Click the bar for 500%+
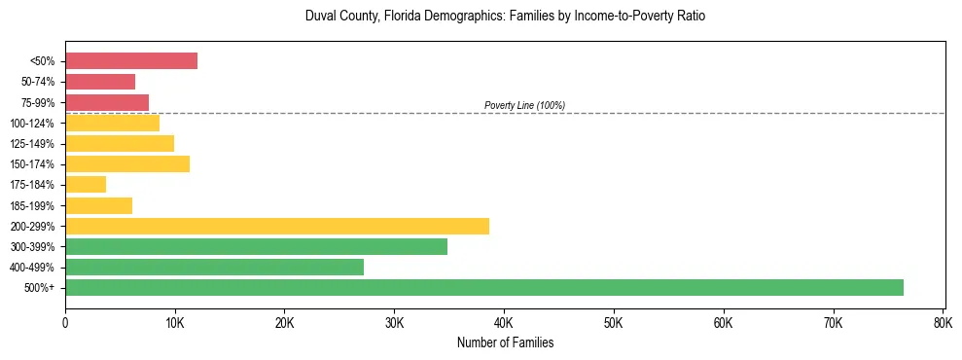click(483, 287)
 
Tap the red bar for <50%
click(130, 61)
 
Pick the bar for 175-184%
click(86, 184)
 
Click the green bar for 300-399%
click(256, 246)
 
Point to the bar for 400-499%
click(214, 267)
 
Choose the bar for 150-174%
click(127, 163)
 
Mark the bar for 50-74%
click(100, 82)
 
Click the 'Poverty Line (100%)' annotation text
click(524, 105)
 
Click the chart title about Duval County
click(504, 17)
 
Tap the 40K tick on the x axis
click(504, 323)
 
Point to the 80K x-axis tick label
click(943, 323)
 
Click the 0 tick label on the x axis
click(65, 323)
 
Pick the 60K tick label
click(723, 323)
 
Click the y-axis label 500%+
click(41, 288)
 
